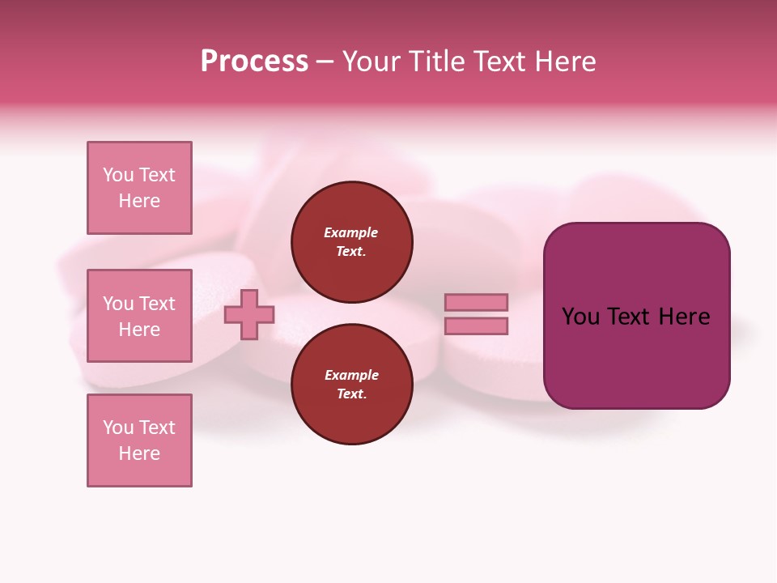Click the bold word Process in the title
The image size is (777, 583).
pos(254,62)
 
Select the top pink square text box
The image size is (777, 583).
pos(139,188)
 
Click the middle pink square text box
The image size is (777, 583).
pos(139,316)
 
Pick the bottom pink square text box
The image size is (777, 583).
pos(139,440)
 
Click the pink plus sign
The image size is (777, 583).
pos(249,315)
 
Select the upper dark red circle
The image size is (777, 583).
pos(351,242)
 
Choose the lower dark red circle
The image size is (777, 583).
pos(351,385)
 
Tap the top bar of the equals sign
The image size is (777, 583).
pos(476,303)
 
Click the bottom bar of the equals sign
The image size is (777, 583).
pos(476,326)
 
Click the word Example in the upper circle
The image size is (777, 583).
pos(350,232)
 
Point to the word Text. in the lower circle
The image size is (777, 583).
pos(351,394)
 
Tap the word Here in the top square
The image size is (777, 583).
pos(139,201)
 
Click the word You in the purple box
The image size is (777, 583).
pos(580,317)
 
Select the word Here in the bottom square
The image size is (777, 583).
pos(139,453)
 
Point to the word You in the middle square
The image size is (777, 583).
pos(117,304)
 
